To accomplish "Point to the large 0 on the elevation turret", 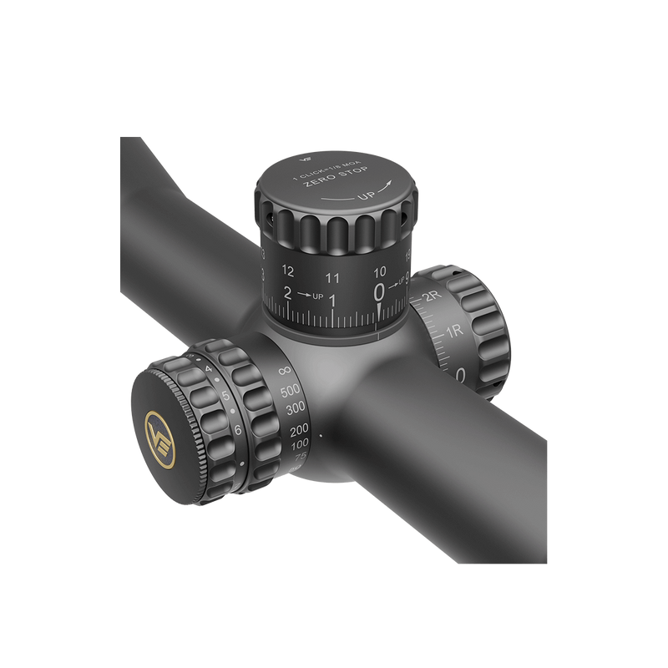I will [380, 291].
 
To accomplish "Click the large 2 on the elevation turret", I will [288, 293].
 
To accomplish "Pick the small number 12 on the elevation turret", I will [289, 271].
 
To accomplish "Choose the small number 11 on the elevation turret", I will [332, 276].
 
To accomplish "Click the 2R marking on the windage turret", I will [432, 297].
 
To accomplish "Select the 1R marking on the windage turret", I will [453, 332].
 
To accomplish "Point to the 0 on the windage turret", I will [461, 375].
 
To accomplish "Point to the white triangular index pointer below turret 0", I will [381, 311].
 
